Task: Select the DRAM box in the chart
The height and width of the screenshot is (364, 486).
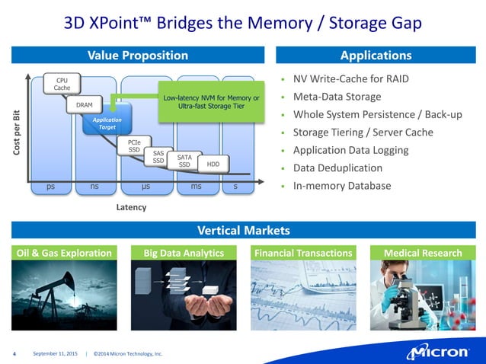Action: (84, 104)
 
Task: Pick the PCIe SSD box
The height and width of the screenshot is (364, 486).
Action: (134, 145)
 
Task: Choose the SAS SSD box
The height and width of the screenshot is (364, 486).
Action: (158, 157)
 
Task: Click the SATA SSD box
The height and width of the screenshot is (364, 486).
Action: (184, 161)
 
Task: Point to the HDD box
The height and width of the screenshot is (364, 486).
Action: (213, 164)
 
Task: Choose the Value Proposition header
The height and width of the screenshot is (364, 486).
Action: (138, 55)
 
